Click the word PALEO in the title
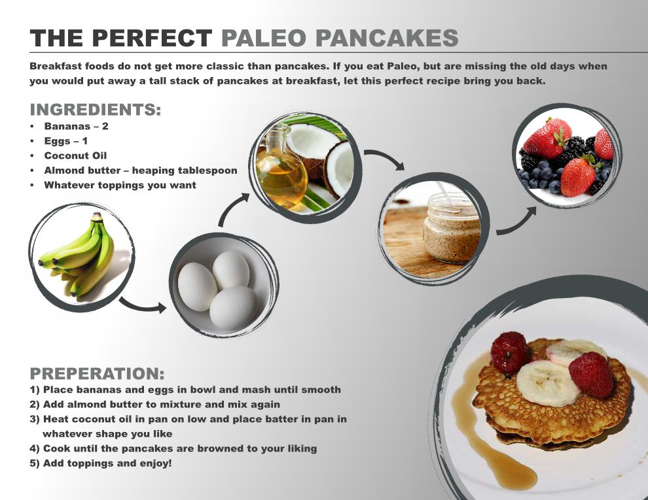pyautogui.click(x=264, y=38)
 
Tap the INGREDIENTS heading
pyautogui.click(x=96, y=110)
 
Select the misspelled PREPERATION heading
pyautogui.click(x=97, y=373)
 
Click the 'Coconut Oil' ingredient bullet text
pyautogui.click(x=75, y=156)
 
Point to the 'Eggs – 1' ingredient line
pyautogui.click(x=65, y=141)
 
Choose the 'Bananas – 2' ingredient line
pyautogui.click(x=76, y=126)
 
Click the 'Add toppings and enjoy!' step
pyautogui.click(x=100, y=463)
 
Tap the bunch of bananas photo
pyautogui.click(x=79, y=256)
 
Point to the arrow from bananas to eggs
pyautogui.click(x=143, y=306)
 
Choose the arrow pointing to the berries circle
pyautogui.click(x=517, y=223)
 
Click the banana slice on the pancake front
pyautogui.click(x=548, y=384)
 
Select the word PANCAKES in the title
pyautogui.click(x=387, y=38)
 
